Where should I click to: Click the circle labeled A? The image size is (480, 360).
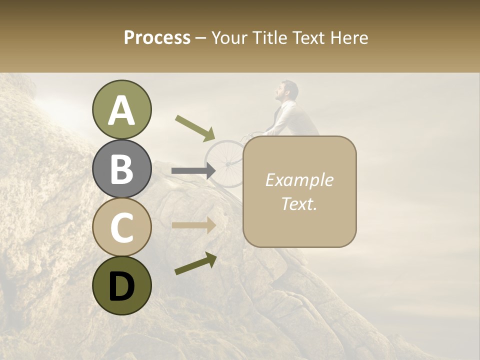[x=121, y=109]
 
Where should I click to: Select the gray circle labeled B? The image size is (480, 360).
[x=121, y=168]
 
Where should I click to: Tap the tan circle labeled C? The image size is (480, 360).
[x=121, y=227]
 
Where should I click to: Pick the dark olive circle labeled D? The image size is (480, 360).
[x=121, y=285]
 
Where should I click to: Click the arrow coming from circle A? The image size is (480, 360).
[x=195, y=127]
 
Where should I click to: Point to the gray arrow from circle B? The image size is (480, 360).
[x=193, y=171]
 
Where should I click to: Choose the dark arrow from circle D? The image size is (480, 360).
[x=195, y=263]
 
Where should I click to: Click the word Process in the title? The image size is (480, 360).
[x=157, y=37]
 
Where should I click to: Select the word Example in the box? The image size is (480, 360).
[x=299, y=180]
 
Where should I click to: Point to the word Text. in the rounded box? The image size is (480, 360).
[x=299, y=203]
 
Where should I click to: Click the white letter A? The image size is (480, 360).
[x=121, y=110]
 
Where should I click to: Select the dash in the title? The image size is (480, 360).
[x=200, y=38]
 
